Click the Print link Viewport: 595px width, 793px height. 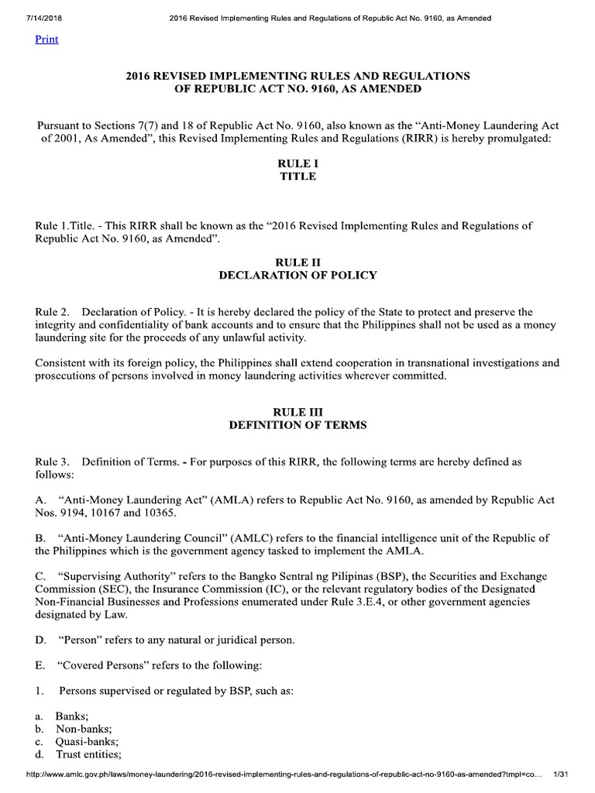(46, 39)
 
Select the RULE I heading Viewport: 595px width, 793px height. (297, 163)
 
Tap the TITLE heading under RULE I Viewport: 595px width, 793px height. (297, 177)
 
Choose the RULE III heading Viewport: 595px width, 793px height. (297, 412)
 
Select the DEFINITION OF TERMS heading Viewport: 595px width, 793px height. (297, 425)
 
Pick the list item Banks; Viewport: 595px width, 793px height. (73, 716)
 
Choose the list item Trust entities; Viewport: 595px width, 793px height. (88, 754)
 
